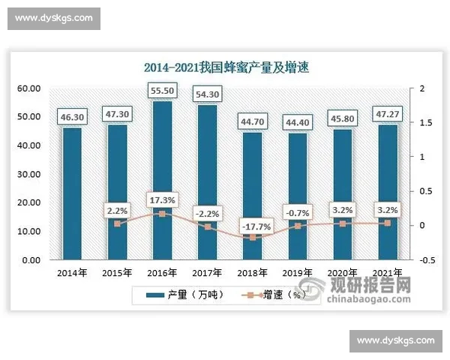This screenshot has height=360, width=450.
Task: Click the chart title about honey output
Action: point(226,67)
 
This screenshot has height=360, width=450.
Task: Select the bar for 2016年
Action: point(161,180)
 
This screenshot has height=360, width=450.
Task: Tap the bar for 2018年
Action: point(252,195)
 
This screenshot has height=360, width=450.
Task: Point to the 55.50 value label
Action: point(161,90)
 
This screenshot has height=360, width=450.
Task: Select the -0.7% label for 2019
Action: point(297,212)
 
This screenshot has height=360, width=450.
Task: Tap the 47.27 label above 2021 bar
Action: point(387,115)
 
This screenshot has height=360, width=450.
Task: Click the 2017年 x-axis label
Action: point(207,272)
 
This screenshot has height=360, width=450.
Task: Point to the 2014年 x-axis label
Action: point(72,272)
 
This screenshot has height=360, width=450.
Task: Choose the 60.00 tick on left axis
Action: point(29,88)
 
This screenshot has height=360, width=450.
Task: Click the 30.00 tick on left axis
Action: point(29,174)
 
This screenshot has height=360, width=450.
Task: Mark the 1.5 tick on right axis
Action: point(423,123)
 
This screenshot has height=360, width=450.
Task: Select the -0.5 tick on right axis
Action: point(424,260)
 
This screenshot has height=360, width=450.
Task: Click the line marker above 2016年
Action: point(161,214)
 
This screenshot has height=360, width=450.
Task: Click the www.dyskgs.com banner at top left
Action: point(54,17)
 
